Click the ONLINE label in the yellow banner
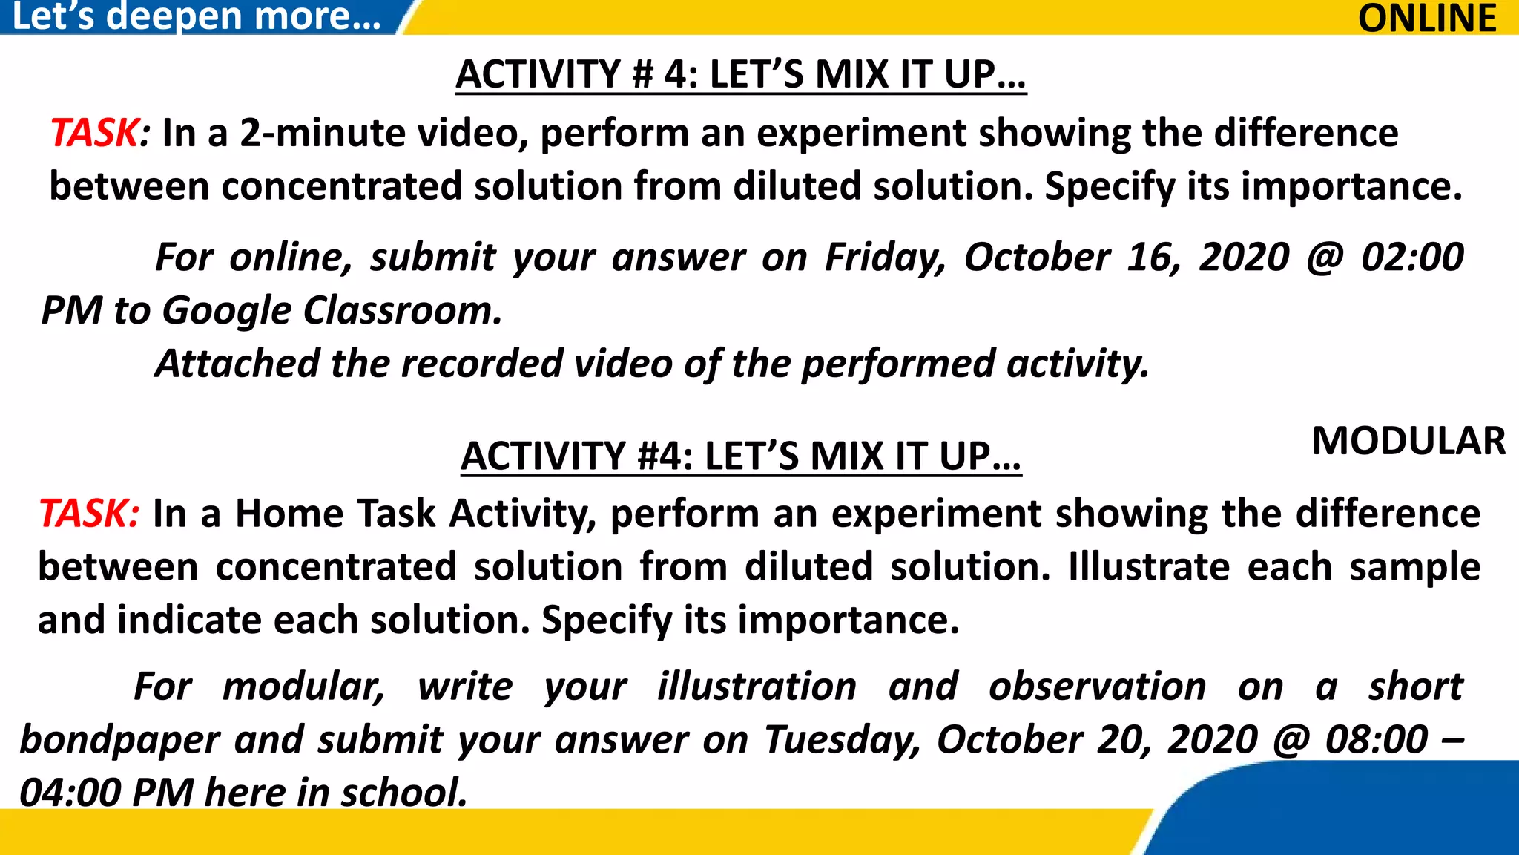pos(1426,18)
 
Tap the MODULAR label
pos(1408,441)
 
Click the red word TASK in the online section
pos(94,134)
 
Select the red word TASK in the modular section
pos(85,514)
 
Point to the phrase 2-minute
pos(323,134)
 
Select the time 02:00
pos(1411,258)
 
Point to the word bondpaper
pos(119,740)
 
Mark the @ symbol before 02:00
pos(1325,258)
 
